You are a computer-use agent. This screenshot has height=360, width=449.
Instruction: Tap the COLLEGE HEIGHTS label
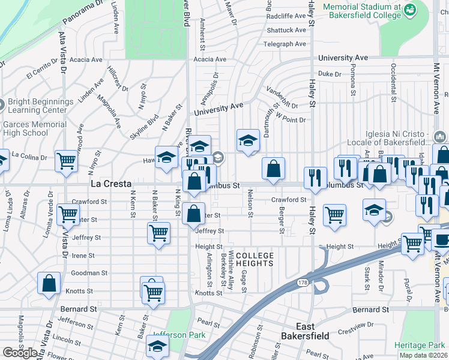(x=255, y=260)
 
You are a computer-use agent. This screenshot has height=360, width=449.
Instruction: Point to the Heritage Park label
(x=420, y=345)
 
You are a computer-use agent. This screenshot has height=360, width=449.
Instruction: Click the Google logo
(x=20, y=353)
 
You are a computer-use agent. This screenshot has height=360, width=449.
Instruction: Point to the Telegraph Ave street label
(x=285, y=44)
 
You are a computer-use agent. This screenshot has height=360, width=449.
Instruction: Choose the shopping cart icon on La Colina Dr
(x=66, y=161)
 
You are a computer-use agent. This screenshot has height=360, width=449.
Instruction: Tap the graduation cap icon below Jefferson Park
(x=157, y=347)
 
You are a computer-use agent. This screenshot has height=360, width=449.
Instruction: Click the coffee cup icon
(x=442, y=241)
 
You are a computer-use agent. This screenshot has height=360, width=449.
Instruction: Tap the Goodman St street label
(x=89, y=272)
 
